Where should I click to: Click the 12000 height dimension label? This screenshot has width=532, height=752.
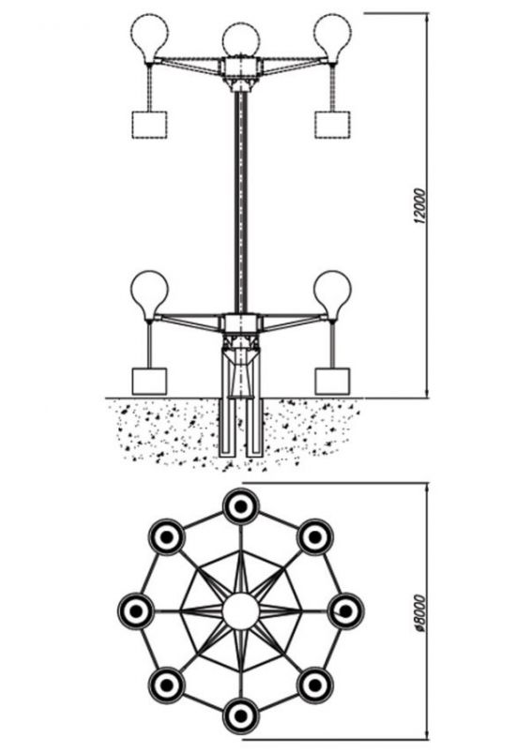tap(419, 206)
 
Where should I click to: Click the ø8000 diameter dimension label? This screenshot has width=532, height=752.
tap(419, 615)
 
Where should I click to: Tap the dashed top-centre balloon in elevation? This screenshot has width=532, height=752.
tap(241, 40)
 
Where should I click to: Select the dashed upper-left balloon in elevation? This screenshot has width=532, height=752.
tap(150, 38)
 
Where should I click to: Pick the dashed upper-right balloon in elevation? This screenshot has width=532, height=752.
tap(332, 38)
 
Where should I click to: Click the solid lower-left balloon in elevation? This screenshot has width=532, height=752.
tap(150, 295)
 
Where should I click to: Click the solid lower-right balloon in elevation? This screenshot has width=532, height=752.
tap(332, 295)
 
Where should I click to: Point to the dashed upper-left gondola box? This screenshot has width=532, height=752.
tap(149, 125)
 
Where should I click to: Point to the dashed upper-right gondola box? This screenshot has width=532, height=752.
tap(332, 125)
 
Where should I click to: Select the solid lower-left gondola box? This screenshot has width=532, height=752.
tap(149, 382)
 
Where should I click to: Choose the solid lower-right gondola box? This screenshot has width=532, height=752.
tap(332, 382)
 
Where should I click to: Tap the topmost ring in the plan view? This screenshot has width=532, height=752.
tap(241, 506)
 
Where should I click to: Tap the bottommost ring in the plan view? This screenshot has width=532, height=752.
tap(241, 715)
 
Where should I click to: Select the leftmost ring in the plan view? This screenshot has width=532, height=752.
tap(136, 611)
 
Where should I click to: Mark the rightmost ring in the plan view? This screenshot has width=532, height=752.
tap(345, 611)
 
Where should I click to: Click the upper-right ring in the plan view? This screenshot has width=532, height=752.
tap(315, 537)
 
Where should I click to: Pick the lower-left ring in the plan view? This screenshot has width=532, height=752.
tap(166, 684)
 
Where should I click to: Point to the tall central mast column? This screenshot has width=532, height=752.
tap(241, 202)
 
